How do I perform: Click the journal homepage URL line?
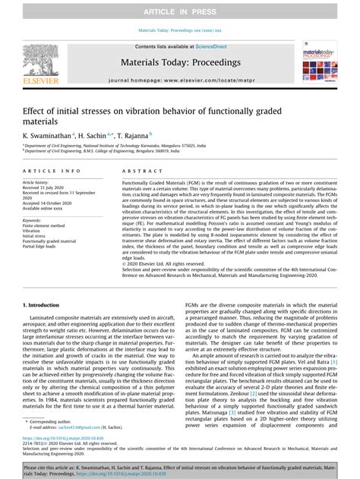coord(180,79)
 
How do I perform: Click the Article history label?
coord(36,183)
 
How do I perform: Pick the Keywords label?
coord(33,219)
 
